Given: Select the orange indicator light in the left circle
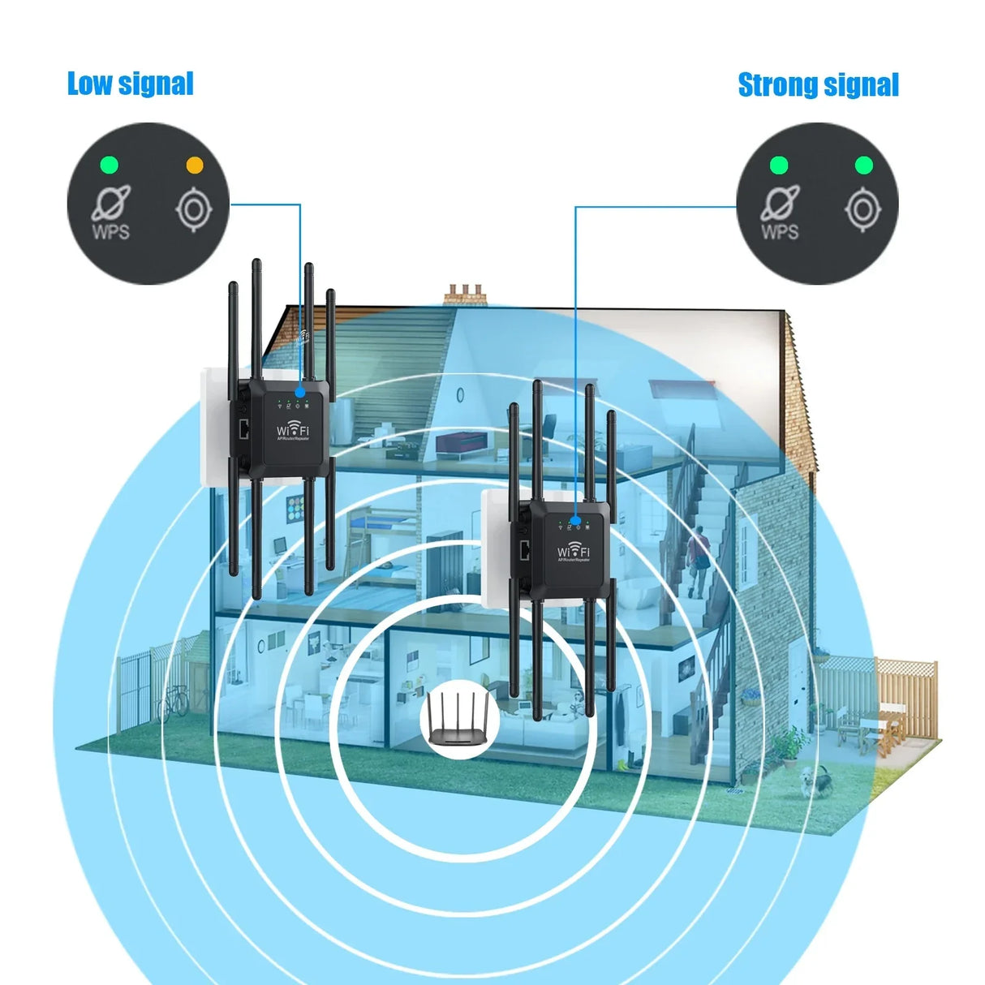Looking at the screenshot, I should coord(195,165).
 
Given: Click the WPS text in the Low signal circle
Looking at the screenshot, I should coord(110,231).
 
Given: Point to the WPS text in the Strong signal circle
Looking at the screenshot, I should coord(780,231).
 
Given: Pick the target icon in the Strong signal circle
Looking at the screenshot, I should coord(862,210).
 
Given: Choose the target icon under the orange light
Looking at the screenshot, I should coord(194,210).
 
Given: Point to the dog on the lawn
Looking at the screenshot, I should coord(815,781).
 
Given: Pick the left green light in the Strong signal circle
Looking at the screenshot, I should coord(779,166).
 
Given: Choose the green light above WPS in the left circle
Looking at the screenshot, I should coord(109,166).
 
